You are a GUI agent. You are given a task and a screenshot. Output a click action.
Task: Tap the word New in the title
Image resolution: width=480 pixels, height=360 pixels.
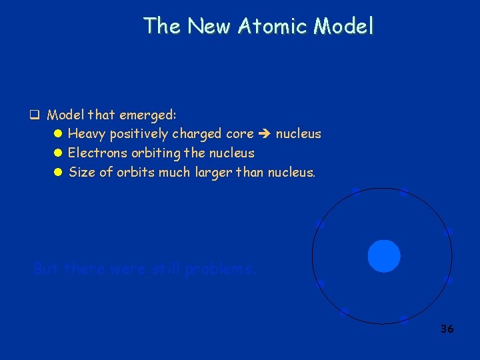[205, 26]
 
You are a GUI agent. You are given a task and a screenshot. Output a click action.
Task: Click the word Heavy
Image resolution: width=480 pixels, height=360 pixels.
[87, 134]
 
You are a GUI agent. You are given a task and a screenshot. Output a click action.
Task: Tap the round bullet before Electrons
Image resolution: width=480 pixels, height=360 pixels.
[57, 153]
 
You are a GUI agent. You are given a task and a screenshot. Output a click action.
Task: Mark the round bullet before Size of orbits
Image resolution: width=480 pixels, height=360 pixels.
[57, 173]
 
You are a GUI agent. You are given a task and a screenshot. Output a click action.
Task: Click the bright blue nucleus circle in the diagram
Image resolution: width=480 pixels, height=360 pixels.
[384, 256]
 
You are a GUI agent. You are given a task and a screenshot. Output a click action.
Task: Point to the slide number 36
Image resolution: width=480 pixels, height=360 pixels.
[447, 329]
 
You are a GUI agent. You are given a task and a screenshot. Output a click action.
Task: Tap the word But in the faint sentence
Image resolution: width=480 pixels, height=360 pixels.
[46, 269]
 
